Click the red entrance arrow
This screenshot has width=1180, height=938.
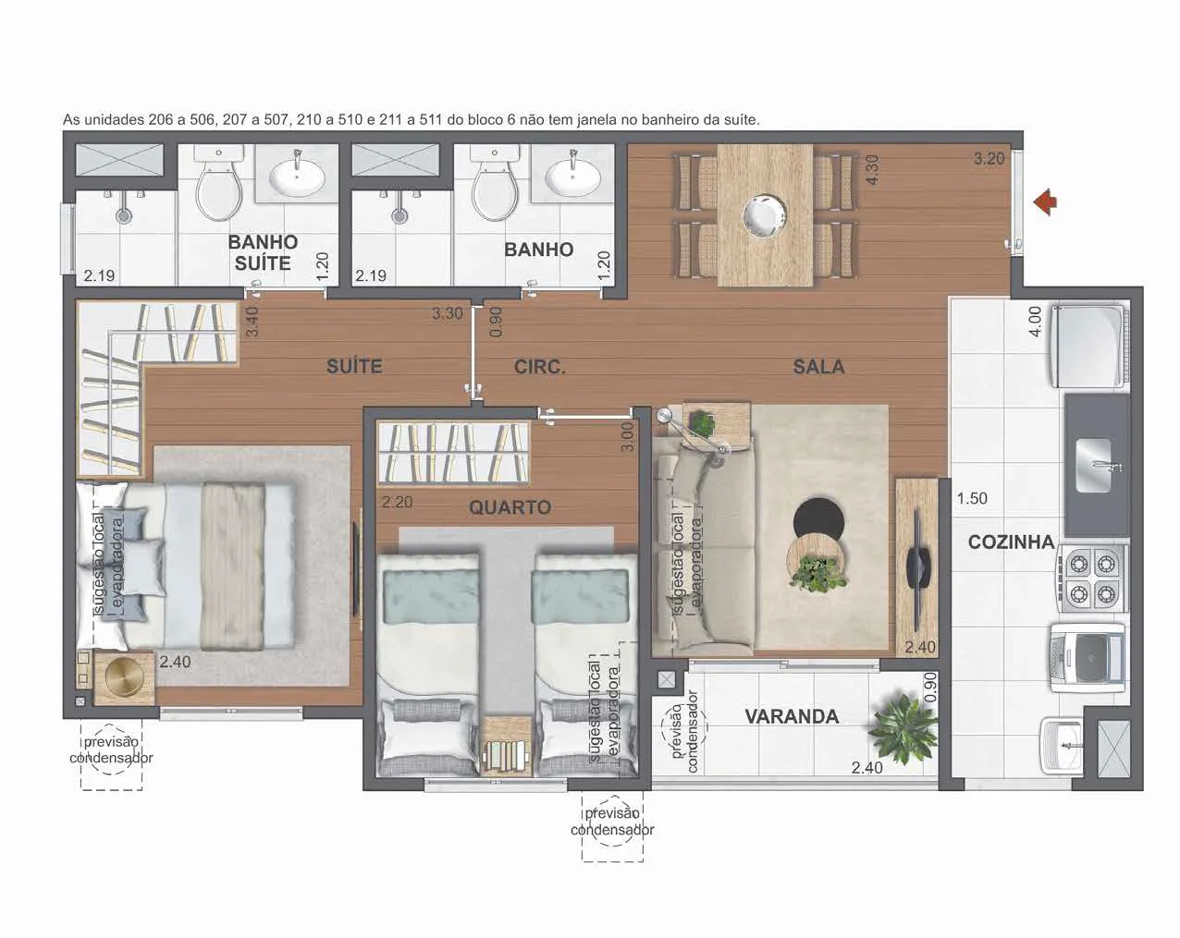click(x=1045, y=202)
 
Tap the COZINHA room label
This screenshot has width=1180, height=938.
click(x=1011, y=542)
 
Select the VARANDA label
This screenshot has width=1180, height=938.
click(x=792, y=716)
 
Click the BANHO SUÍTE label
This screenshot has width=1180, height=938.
click(x=263, y=252)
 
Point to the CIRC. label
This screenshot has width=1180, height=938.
click(x=539, y=367)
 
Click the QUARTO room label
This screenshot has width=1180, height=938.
click(x=510, y=507)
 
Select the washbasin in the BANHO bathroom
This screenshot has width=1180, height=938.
click(x=572, y=177)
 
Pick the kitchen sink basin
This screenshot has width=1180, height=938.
click(x=1093, y=465)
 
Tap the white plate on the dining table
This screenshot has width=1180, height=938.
click(x=765, y=214)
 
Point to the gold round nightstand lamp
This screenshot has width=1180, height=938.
click(x=125, y=677)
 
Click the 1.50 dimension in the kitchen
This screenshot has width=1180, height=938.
click(x=972, y=498)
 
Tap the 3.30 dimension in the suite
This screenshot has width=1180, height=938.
click(x=447, y=313)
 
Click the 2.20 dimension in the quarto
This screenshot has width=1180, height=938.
click(x=397, y=502)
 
